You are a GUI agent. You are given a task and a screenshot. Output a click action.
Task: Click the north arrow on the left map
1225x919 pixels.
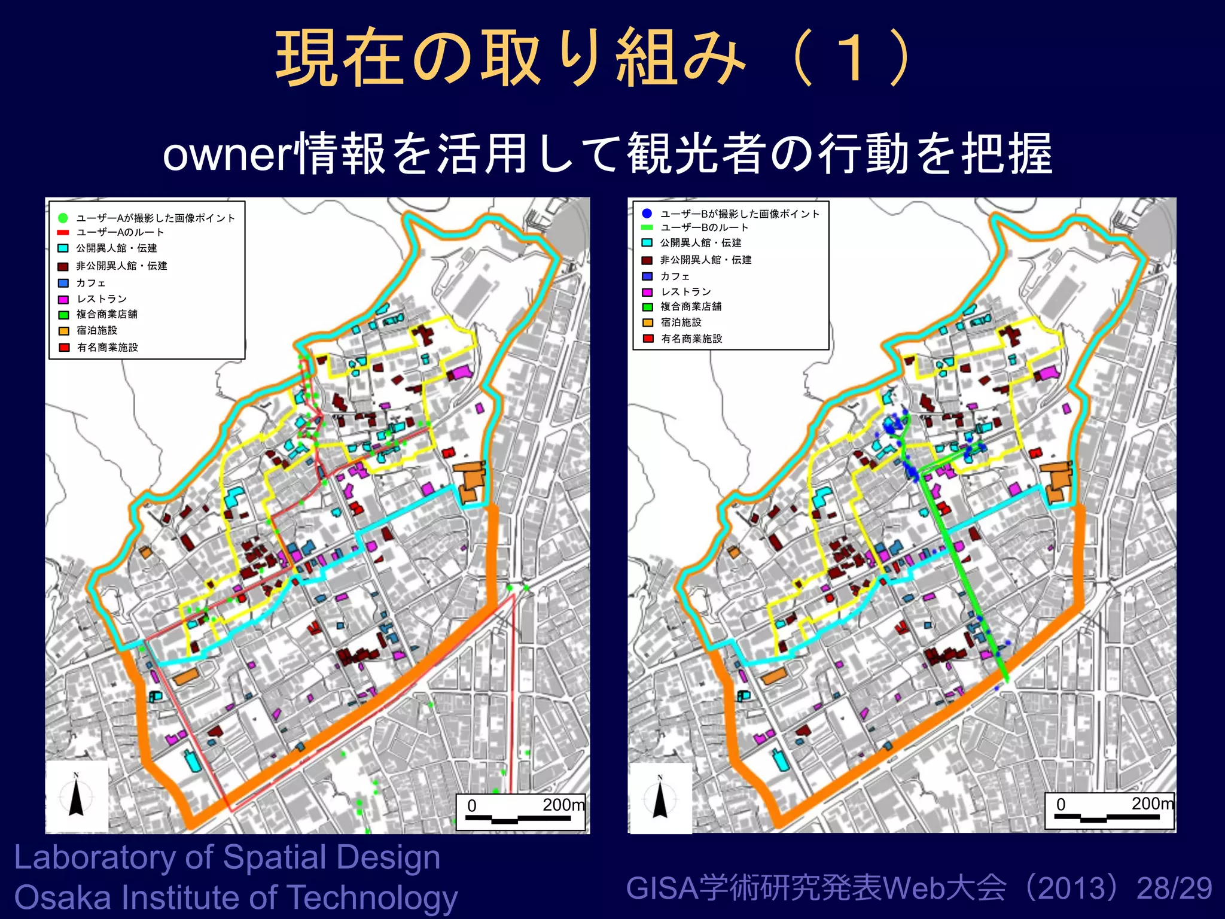pyautogui.click(x=76, y=796)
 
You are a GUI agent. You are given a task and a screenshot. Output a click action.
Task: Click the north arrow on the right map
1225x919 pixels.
pyautogui.click(x=660, y=798)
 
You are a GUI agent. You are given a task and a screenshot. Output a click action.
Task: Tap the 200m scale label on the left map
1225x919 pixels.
pyautogui.click(x=563, y=805)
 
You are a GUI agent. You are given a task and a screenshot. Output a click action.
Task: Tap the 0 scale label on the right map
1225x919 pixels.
pyautogui.click(x=1061, y=804)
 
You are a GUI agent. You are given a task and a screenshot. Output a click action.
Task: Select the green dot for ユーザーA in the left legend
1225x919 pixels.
pyautogui.click(x=63, y=218)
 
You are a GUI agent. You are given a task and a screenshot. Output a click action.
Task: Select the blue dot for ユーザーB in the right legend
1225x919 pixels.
pyautogui.click(x=647, y=213)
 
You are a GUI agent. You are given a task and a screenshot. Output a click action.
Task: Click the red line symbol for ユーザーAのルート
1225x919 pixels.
pyautogui.click(x=63, y=232)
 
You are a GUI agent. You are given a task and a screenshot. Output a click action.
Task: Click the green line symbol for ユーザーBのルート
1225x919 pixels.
pyautogui.click(x=647, y=227)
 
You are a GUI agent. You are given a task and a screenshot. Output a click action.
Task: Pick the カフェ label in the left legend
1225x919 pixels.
pyautogui.click(x=91, y=283)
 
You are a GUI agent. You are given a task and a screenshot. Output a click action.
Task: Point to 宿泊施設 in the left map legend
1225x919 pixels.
pyautogui.click(x=97, y=330)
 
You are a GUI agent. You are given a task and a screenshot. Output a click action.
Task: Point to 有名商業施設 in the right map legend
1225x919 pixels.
pyautogui.click(x=691, y=339)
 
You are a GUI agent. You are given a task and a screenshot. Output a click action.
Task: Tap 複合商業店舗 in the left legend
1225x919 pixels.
pyautogui.click(x=107, y=314)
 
